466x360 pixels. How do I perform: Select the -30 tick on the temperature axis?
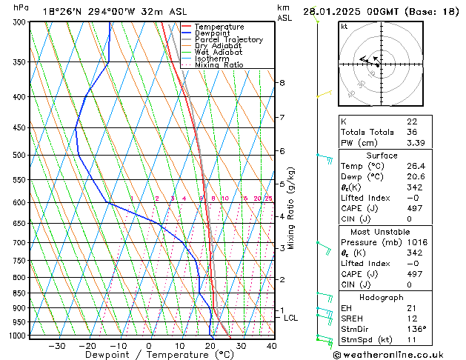click(56, 346)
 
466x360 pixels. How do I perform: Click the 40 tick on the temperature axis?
click(271, 346)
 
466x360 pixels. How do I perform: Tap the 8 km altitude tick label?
click(282, 83)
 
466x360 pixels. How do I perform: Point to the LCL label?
click(291, 318)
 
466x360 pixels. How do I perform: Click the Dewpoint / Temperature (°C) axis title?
click(148, 356)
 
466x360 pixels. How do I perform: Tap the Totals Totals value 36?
click(412, 132)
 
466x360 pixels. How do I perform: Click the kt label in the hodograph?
click(344, 26)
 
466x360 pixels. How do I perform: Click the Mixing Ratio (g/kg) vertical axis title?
click(291, 208)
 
